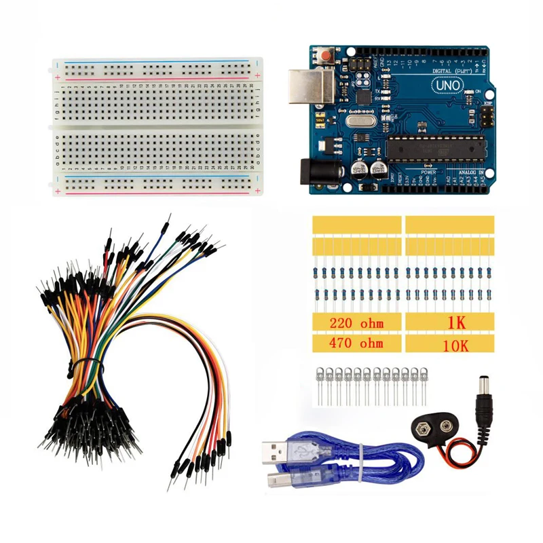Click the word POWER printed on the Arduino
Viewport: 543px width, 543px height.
point(428,172)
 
